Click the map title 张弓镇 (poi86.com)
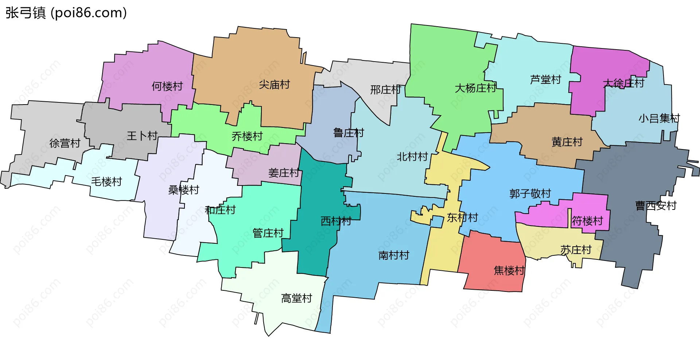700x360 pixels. (66, 13)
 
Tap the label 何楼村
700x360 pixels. (167, 86)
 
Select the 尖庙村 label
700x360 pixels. (274, 85)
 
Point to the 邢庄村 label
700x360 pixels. (385, 90)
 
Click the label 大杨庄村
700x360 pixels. (475, 88)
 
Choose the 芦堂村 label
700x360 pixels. (545, 79)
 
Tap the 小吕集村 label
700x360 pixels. (659, 118)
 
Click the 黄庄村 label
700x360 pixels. (567, 142)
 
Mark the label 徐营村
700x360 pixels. (65, 143)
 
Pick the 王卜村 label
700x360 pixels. (142, 136)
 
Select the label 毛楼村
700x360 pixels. (106, 181)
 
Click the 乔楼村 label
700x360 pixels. (247, 136)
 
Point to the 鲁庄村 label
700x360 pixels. (349, 133)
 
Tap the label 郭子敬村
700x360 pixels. (530, 193)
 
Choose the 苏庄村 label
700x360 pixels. (576, 250)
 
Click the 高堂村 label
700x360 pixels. (296, 298)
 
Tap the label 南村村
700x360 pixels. (394, 255)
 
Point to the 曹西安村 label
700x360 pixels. (656, 206)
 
